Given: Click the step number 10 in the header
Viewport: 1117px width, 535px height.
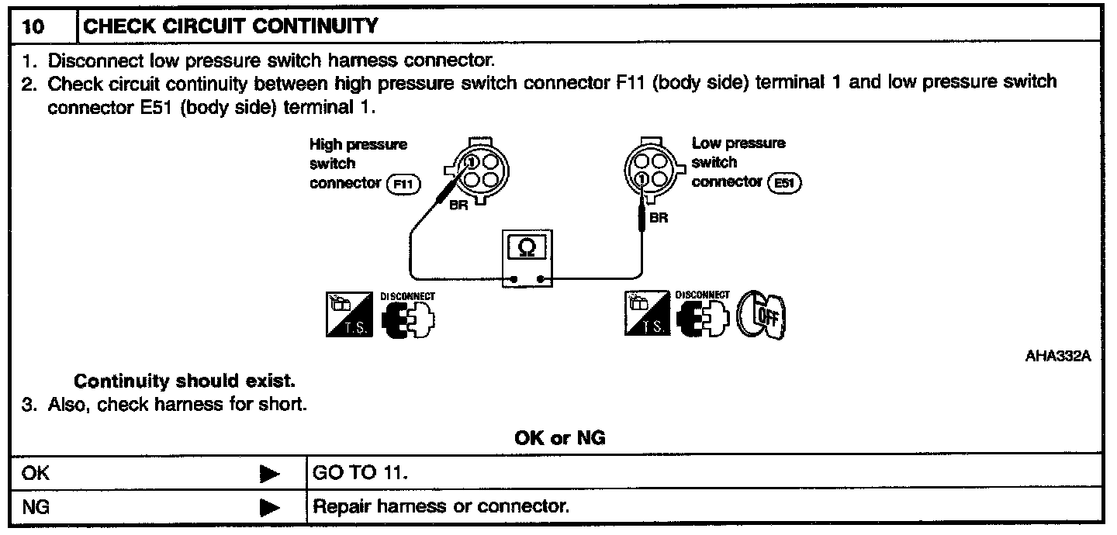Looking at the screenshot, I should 33,27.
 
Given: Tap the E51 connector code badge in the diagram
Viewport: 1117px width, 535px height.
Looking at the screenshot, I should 783,183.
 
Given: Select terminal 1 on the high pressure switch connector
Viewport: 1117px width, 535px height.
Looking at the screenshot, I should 471,162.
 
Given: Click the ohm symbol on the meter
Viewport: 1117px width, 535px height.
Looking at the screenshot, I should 526,247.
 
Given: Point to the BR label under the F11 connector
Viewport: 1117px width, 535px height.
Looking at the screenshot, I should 458,207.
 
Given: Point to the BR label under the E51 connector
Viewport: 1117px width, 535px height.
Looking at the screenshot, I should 659,218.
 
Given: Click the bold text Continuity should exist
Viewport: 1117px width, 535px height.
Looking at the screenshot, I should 185,381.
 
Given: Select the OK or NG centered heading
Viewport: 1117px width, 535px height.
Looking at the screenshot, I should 559,438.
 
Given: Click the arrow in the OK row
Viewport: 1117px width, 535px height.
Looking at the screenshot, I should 269,474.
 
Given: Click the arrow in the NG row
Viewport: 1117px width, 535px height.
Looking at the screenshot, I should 269,508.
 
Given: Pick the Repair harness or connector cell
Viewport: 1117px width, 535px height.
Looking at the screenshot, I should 440,508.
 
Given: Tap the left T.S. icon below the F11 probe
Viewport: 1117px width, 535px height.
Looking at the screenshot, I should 348,314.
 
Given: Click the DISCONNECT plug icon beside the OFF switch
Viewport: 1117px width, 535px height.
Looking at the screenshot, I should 702,314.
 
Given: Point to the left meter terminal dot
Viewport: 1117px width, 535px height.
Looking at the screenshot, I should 513,278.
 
